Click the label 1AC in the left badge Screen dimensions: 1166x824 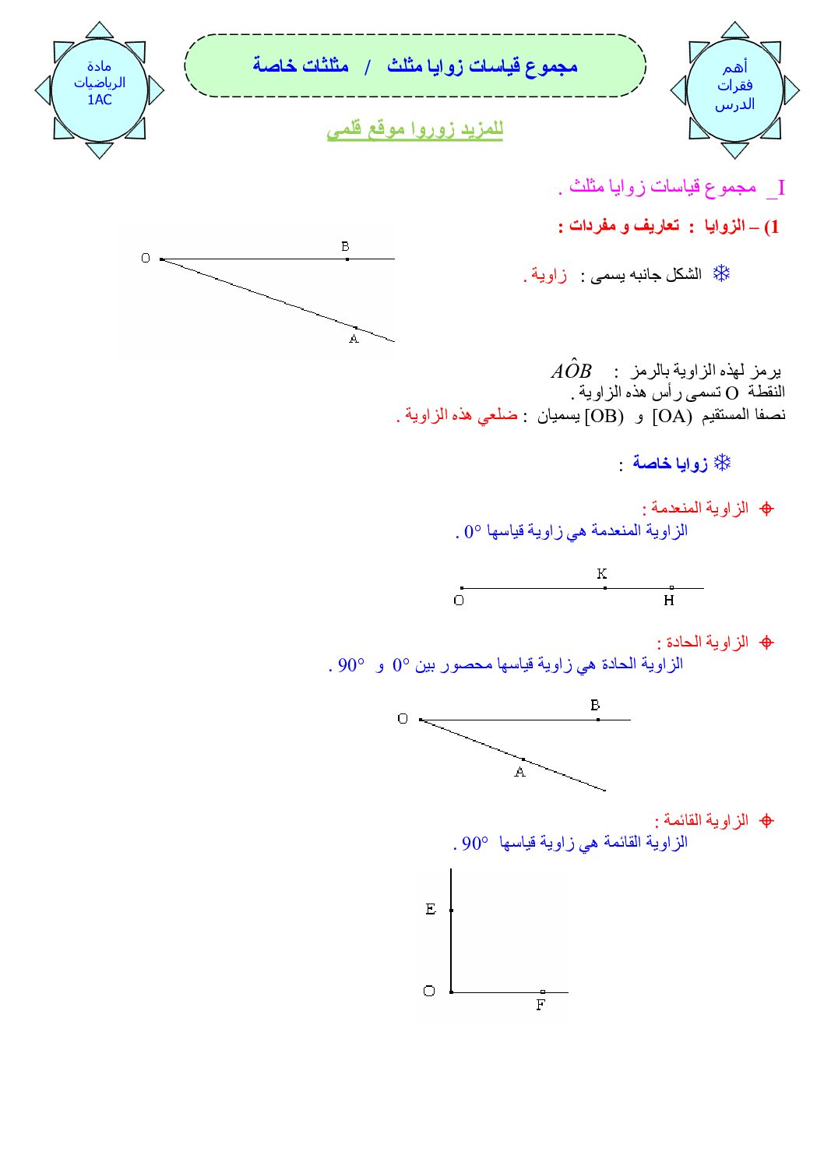click(x=100, y=100)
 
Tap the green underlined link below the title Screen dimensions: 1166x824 click(x=414, y=129)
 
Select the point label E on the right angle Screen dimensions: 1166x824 click(x=431, y=909)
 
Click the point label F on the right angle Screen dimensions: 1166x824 click(x=541, y=1006)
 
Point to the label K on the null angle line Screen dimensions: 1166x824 click(x=601, y=574)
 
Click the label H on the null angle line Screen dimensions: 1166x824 click(x=669, y=601)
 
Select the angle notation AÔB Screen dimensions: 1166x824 click(x=571, y=370)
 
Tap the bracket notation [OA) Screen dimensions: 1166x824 click(x=672, y=416)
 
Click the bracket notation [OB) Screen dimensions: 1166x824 click(x=604, y=416)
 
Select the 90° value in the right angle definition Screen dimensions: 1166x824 click(x=475, y=844)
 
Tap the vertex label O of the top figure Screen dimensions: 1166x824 click(x=146, y=259)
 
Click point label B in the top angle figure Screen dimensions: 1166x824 click(x=345, y=246)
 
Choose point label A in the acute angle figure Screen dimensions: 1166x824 click(x=519, y=772)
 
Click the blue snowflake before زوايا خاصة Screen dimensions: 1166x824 click(x=723, y=463)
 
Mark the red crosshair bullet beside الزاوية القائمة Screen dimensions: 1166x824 click(x=766, y=821)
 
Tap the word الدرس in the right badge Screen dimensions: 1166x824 click(x=734, y=104)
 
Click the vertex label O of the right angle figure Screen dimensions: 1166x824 click(x=429, y=991)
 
